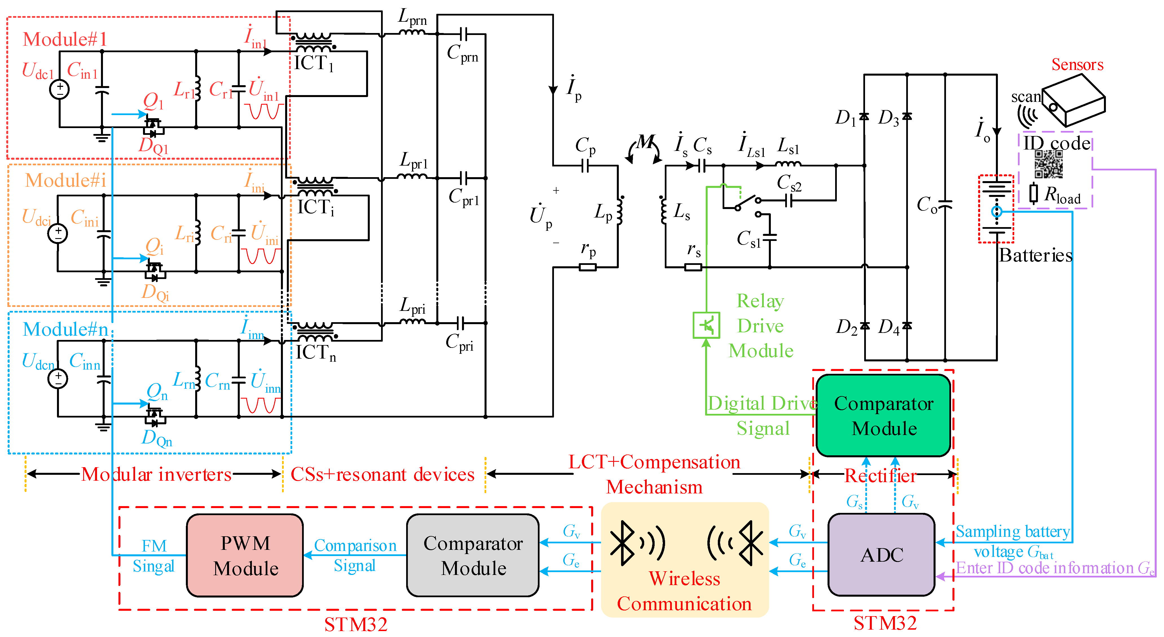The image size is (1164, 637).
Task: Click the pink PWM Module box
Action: pyautogui.click(x=245, y=555)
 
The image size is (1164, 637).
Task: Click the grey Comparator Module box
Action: pyautogui.click(x=473, y=555)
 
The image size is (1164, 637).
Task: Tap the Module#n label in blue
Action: pyautogui.click(x=65, y=329)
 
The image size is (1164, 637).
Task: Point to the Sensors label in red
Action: pyautogui.click(x=1077, y=65)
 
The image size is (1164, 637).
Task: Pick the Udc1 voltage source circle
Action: pyautogui.click(x=59, y=89)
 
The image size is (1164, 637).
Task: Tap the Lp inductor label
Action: pyautogui.click(x=603, y=212)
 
